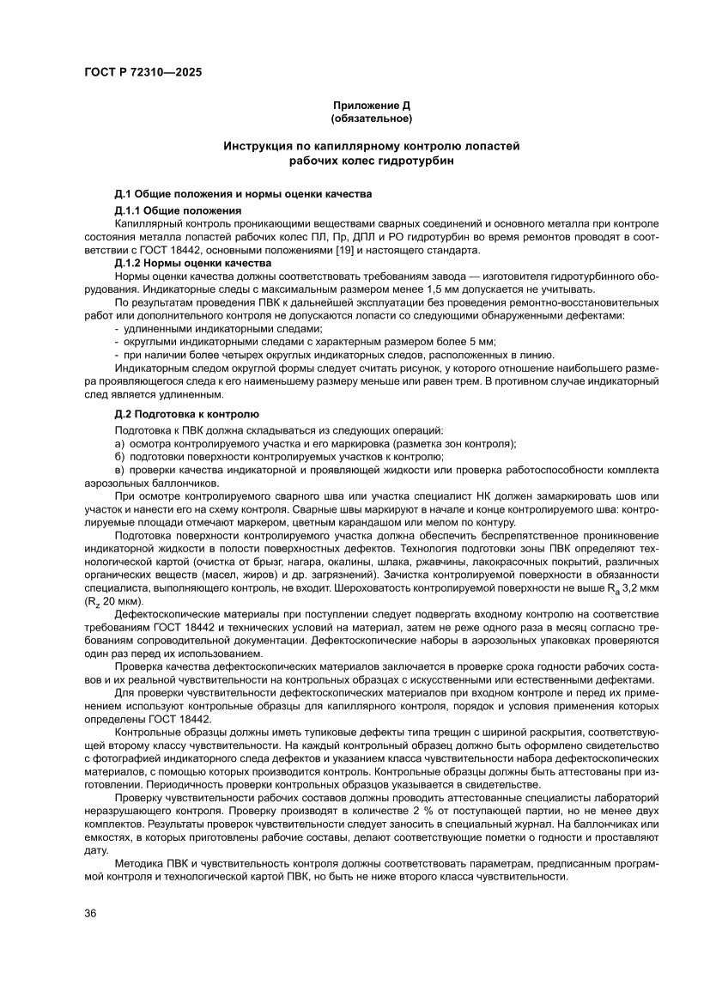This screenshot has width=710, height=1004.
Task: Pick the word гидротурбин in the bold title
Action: coord(418,160)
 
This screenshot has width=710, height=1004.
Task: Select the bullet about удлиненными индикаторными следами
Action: coord(223,329)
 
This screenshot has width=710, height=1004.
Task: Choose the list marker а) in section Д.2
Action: coord(119,443)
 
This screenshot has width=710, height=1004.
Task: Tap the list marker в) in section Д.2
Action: coord(119,470)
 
